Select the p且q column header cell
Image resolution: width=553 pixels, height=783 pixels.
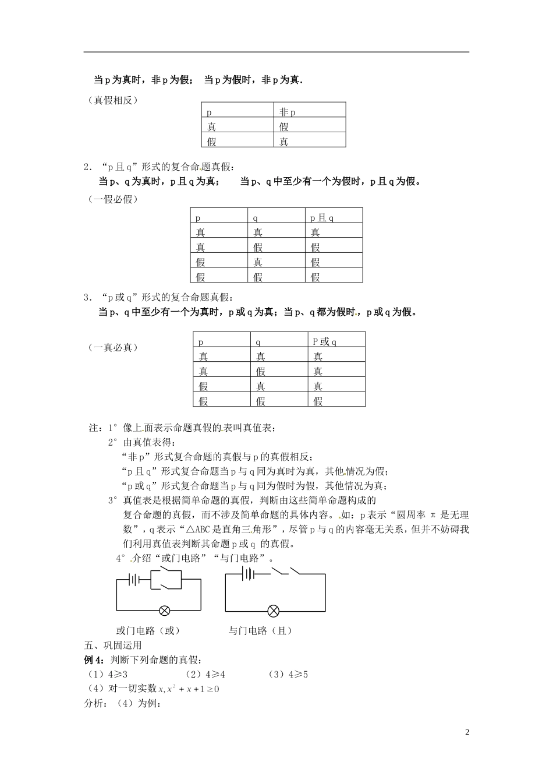[x=334, y=217]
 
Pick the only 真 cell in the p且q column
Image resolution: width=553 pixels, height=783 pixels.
[x=334, y=232]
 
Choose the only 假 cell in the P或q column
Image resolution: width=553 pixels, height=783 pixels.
[x=336, y=401]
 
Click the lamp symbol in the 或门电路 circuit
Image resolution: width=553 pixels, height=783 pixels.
[x=165, y=611]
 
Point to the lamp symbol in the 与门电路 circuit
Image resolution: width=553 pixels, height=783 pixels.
[x=273, y=611]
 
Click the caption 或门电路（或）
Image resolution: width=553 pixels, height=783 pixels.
[x=148, y=630]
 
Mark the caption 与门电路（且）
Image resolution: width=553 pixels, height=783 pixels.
[x=260, y=630]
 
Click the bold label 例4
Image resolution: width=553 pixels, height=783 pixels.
[x=94, y=660]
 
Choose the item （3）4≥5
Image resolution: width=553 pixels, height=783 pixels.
[x=288, y=675]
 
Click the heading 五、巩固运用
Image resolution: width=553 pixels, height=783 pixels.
[x=113, y=646]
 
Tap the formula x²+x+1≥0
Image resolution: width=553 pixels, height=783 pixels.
[x=192, y=689]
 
